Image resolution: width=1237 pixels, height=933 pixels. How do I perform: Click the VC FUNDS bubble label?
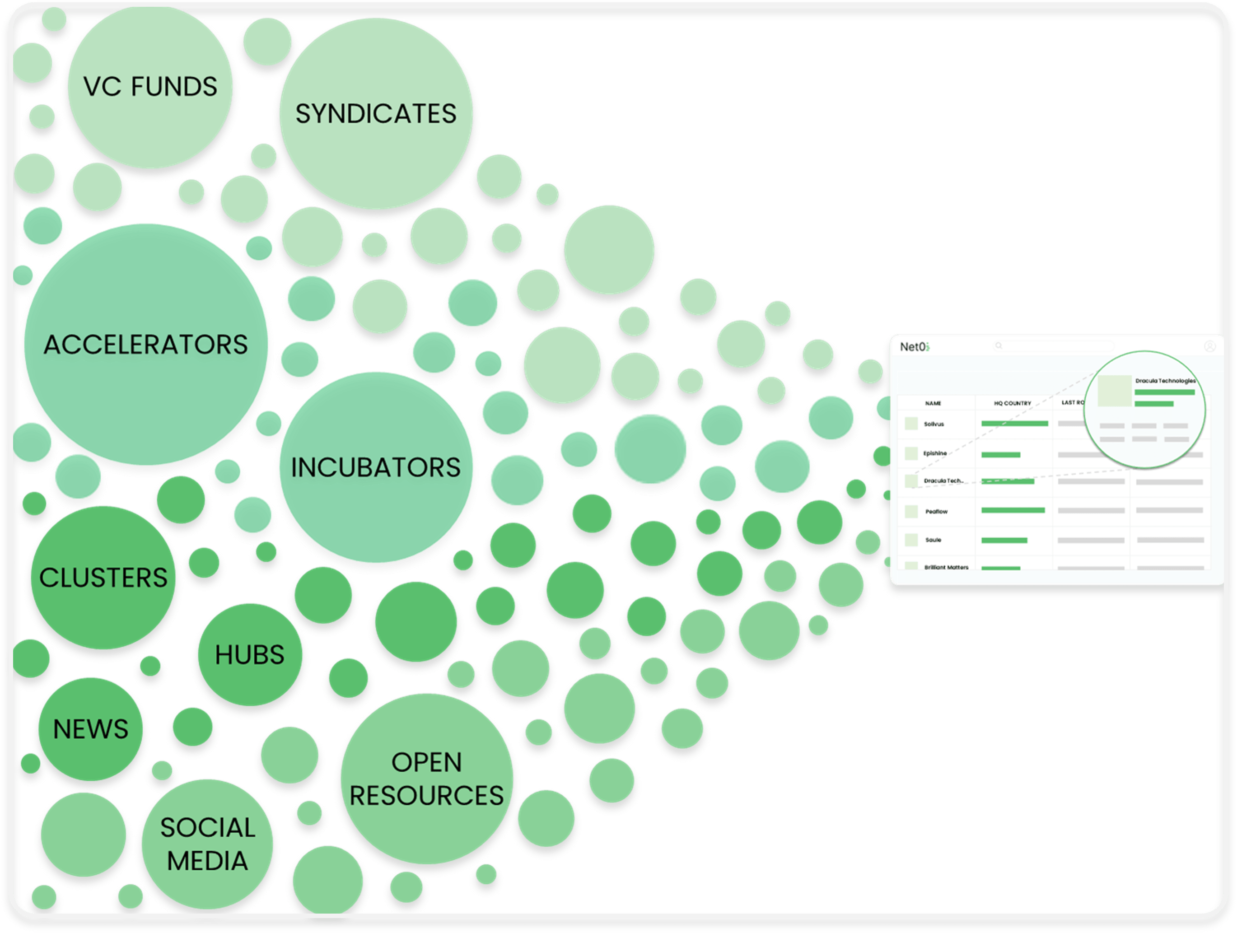pos(150,87)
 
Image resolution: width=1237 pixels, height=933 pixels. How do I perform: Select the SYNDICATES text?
pos(376,114)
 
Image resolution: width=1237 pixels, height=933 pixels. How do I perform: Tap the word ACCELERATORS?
pos(146,345)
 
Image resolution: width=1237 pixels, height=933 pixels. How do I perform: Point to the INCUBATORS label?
pos(376,467)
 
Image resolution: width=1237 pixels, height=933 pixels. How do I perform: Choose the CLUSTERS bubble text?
pos(103,578)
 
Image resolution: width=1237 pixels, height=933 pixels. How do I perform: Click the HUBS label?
pos(249,655)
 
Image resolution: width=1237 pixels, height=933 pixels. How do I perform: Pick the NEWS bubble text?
pos(91,729)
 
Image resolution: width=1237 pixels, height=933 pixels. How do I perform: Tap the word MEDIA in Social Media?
pos(207,861)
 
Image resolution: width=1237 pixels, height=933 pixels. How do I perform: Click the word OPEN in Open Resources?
pos(427,762)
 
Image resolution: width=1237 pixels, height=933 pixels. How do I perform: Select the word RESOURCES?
pos(427,796)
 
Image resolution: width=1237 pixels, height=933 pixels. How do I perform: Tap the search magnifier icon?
pos(998,345)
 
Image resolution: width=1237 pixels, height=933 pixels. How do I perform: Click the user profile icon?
pos(1209,346)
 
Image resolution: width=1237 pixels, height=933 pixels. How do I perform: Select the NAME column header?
pos(933,403)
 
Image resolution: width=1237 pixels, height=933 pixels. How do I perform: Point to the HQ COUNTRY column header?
pos(1012,403)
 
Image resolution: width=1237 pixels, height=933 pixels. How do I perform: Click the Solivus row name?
pos(934,424)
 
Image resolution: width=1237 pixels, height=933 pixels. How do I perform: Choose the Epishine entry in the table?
pos(935,453)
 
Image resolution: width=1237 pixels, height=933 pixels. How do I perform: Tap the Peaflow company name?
pos(936,511)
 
